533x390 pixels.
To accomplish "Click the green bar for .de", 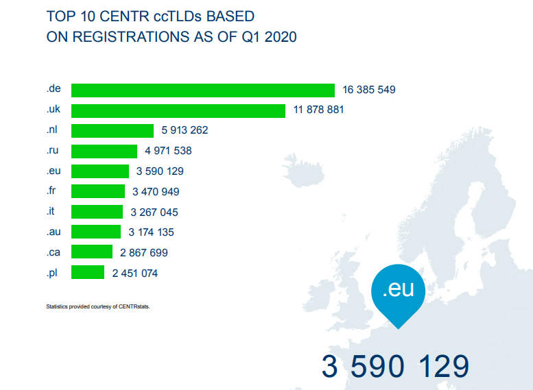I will pyautogui.click(x=203, y=90).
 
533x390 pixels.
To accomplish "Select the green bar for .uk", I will pyautogui.click(x=178, y=110).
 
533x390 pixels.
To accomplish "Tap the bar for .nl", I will pyautogui.click(x=112, y=131).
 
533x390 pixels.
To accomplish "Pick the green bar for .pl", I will pyautogui.click(x=88, y=273).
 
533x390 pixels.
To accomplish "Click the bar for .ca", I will pyautogui.click(x=92, y=252).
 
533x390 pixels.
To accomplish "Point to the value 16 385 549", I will pyautogui.click(x=369, y=90).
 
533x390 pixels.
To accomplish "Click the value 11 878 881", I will pyautogui.click(x=319, y=110).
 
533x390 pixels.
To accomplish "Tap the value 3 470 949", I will pyautogui.click(x=156, y=192).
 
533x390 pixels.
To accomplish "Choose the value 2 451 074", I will pyautogui.click(x=135, y=273).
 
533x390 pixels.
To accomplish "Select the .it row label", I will pyautogui.click(x=51, y=212).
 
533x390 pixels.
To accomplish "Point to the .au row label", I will pyautogui.click(x=54, y=232).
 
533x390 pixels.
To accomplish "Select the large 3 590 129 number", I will pyautogui.click(x=396, y=367).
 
